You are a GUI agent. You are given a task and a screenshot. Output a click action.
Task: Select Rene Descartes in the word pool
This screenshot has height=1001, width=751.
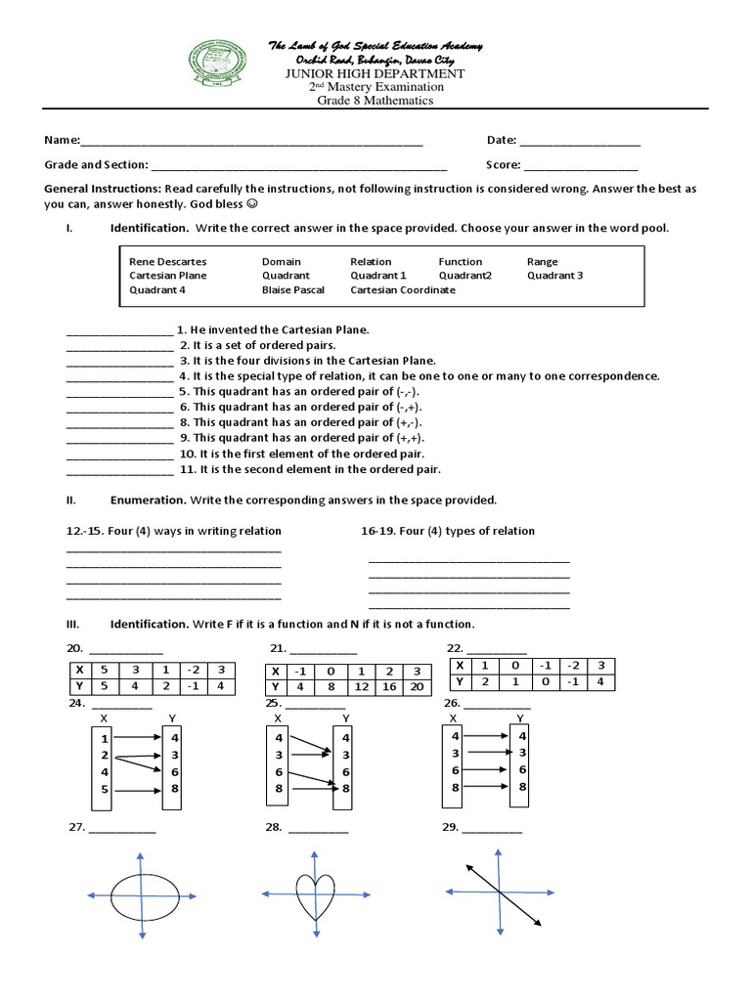pyautogui.click(x=167, y=262)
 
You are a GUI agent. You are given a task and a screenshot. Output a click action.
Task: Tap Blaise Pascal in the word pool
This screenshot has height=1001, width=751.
pyautogui.click(x=294, y=290)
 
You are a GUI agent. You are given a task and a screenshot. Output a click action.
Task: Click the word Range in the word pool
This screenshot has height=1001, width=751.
pyautogui.click(x=542, y=262)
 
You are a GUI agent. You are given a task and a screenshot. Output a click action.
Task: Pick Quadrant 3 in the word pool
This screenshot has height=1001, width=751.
pyautogui.click(x=554, y=276)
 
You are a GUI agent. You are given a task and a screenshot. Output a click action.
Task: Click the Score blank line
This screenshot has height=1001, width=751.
pyautogui.click(x=581, y=166)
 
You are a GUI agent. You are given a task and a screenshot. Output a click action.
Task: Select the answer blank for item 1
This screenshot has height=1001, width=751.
pyautogui.click(x=118, y=331)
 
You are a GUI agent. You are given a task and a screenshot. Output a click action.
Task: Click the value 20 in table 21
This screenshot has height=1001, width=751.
pyautogui.click(x=418, y=687)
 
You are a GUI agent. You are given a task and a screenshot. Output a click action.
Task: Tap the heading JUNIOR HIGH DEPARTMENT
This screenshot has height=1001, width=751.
pyautogui.click(x=375, y=73)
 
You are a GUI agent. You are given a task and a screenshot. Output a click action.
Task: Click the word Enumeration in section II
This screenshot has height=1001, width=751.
pyautogui.click(x=148, y=500)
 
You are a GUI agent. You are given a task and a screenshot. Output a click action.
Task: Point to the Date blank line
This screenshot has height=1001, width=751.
pyautogui.click(x=580, y=143)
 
